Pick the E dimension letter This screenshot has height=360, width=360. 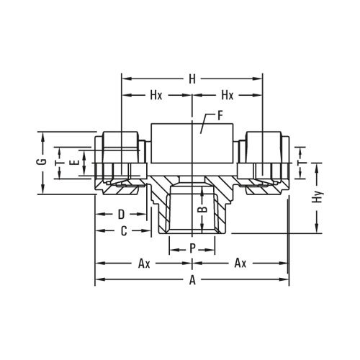click(x=72, y=163)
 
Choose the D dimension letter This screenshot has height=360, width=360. click(x=122, y=214)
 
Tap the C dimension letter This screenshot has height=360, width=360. click(x=124, y=230)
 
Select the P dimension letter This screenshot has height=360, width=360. click(x=192, y=247)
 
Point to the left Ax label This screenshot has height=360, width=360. click(x=144, y=264)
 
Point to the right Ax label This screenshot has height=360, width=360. click(x=240, y=264)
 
